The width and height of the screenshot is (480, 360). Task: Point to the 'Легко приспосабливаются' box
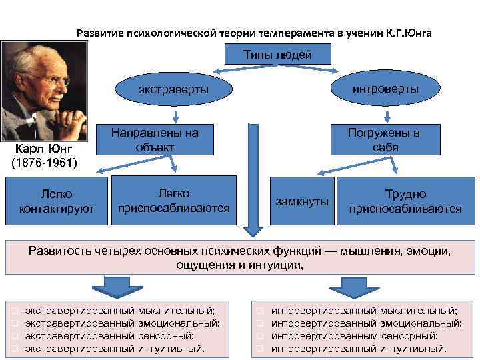173,201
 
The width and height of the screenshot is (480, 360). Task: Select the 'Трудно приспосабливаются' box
405,201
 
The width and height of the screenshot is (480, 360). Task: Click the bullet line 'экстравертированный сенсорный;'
109,336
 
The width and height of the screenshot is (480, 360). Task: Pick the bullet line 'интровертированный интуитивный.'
359,348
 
